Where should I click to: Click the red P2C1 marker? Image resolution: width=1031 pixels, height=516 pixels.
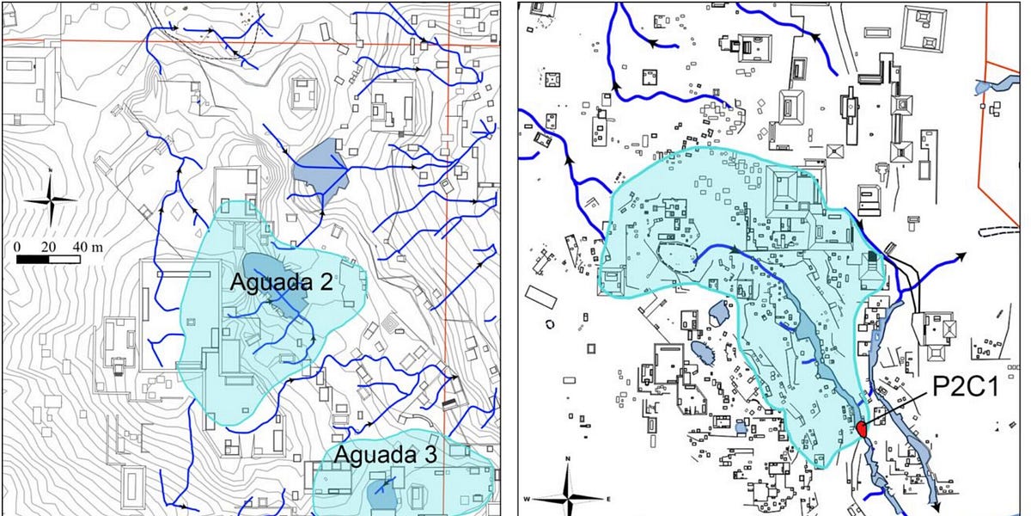863,428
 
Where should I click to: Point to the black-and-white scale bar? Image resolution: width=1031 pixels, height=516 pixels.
48,258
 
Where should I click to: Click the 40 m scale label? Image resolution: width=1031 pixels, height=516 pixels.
86,247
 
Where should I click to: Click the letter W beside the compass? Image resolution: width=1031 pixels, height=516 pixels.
537,499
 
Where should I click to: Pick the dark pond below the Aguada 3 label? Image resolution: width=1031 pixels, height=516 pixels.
381,494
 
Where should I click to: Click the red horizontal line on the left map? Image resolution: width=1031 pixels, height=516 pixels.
215,40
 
